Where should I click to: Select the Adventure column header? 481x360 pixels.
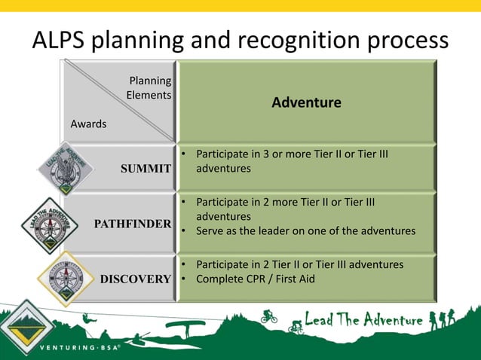click(x=306, y=102)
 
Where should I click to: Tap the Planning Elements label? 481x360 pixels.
click(x=149, y=88)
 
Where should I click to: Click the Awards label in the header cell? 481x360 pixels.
click(x=88, y=124)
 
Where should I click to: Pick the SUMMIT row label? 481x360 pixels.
click(x=146, y=169)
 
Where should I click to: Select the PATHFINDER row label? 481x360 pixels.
click(x=132, y=224)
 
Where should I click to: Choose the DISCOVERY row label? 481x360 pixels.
click(x=136, y=279)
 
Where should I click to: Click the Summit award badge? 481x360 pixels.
click(x=66, y=168)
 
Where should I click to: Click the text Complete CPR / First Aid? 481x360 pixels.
click(x=256, y=279)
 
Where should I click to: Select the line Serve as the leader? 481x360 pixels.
click(x=305, y=230)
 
